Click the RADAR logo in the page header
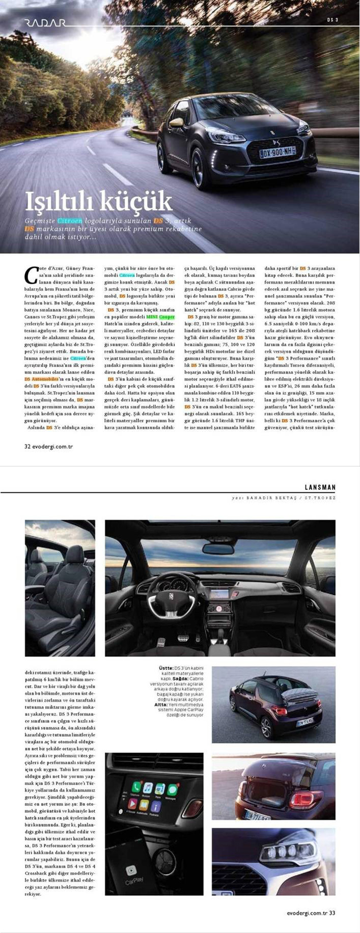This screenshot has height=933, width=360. pyautogui.click(x=45, y=22)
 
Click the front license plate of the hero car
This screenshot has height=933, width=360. pyautogui.click(x=278, y=151)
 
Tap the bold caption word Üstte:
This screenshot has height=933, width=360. pyautogui.click(x=166, y=668)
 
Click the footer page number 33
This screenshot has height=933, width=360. pyautogui.click(x=332, y=913)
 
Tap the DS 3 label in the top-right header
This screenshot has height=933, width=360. pyautogui.click(x=333, y=20)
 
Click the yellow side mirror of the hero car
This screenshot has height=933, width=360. pyautogui.click(x=177, y=122)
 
